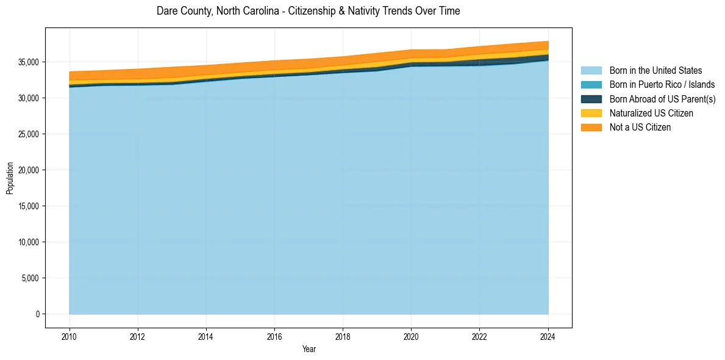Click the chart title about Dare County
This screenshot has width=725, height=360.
[x=308, y=11]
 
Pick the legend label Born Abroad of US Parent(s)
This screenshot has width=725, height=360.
[x=662, y=99]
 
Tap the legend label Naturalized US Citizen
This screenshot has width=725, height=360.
[x=651, y=113]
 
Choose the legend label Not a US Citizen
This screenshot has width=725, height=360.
[x=640, y=127]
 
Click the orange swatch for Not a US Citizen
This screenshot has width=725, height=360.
[x=591, y=127]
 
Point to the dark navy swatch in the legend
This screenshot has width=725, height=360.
[x=591, y=99]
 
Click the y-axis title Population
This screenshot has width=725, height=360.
[x=10, y=178]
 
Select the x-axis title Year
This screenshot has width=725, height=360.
[x=309, y=349]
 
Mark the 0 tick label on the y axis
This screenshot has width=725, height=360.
[x=37, y=314]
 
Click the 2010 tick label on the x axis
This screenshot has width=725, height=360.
[x=70, y=336]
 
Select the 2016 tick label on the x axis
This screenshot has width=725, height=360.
[x=274, y=336]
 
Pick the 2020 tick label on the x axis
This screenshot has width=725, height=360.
[x=411, y=336]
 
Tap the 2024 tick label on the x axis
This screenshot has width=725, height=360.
[x=548, y=336]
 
